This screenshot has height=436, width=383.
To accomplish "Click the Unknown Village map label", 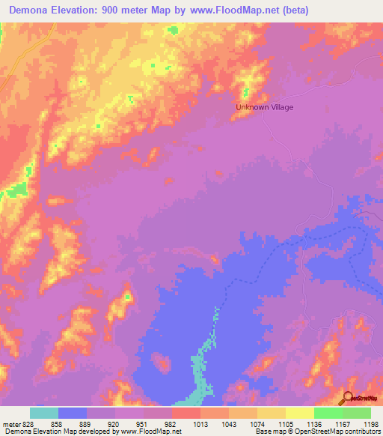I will point(265,107).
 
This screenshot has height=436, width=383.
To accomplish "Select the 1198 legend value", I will point(370,423).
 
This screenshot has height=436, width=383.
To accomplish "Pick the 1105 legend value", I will point(285,423).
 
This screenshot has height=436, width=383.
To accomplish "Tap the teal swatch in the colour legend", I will point(44,413).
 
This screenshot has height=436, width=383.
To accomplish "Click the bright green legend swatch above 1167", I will point(328,413).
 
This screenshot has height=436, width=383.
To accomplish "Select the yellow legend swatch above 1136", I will point(300,413).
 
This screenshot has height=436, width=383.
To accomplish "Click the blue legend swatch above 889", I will point(73,413).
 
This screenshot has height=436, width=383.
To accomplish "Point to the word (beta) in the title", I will point(292,10).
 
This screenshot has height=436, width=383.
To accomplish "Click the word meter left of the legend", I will point(12,423).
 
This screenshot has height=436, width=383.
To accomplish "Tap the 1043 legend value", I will point(228,423).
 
